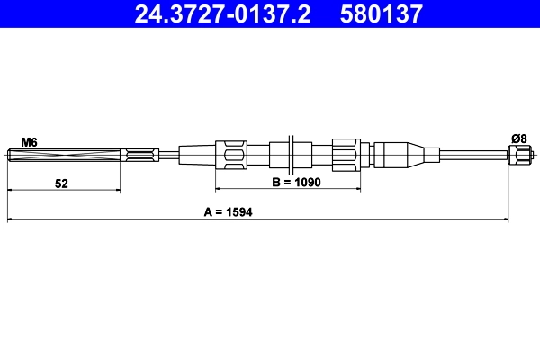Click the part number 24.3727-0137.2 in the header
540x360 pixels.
pyautogui.click(x=222, y=13)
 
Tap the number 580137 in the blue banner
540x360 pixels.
pyautogui.click(x=382, y=13)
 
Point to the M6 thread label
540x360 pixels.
pyautogui.click(x=30, y=142)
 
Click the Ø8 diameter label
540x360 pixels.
pyautogui.click(x=519, y=139)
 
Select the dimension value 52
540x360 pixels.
pyautogui.click(x=61, y=184)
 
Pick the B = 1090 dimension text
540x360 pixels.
pyautogui.click(x=296, y=182)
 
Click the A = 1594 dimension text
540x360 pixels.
pyautogui.click(x=228, y=211)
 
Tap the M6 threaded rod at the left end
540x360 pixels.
pyautogui.click(x=64, y=155)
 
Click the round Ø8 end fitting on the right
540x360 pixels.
pyautogui.click(x=520, y=155)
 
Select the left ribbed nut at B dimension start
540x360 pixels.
pyautogui.click(x=231, y=155)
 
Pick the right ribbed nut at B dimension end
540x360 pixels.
pyautogui.click(x=346, y=155)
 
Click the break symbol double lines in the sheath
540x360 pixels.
pyautogui.click(x=291, y=155)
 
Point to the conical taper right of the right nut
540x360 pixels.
pyautogui.click(x=416, y=155)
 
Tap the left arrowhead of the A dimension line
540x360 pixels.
pyautogui.click(x=10, y=219)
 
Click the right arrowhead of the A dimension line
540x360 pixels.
pyautogui.click(x=506, y=219)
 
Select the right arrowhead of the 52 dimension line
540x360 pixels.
pyautogui.click(x=117, y=190)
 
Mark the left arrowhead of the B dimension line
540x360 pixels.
pyautogui.click(x=218, y=188)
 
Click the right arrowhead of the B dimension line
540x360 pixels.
pyautogui.click(x=358, y=188)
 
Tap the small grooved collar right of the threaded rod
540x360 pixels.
pyautogui.click(x=139, y=155)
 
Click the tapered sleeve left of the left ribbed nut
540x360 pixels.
pyautogui.click(x=197, y=155)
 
